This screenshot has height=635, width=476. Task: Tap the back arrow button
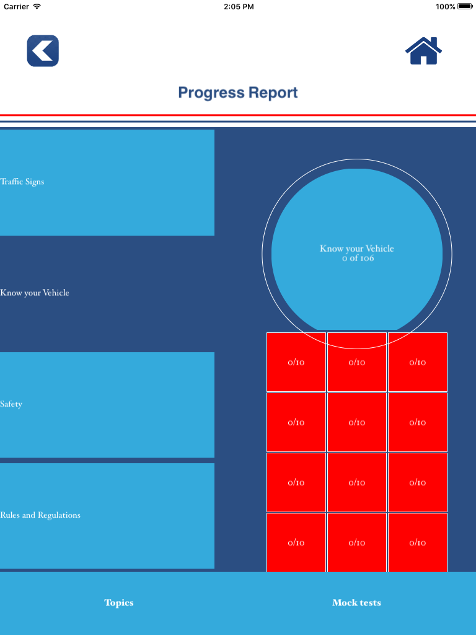[43, 51]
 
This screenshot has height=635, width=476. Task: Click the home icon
[423, 51]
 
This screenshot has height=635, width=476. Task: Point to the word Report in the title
[273, 93]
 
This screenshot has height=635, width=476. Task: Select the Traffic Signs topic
[107, 182]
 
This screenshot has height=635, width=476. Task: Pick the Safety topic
[107, 404]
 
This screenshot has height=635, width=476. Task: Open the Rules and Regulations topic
[107, 515]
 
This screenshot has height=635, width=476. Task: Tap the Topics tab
[119, 603]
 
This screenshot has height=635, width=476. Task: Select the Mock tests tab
[356, 603]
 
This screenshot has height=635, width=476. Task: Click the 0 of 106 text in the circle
[358, 259]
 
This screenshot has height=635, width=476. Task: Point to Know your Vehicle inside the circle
[357, 249]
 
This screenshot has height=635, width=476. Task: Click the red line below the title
[238, 115]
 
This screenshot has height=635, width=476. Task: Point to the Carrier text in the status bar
[16, 6]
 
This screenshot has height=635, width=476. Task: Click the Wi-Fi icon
[37, 6]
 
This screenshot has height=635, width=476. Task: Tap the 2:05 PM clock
[238, 6]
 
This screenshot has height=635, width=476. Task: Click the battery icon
[465, 6]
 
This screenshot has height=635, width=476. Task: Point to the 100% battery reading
[445, 6]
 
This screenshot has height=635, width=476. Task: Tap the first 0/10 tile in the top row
[296, 362]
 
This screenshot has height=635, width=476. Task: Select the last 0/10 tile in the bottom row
[418, 542]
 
